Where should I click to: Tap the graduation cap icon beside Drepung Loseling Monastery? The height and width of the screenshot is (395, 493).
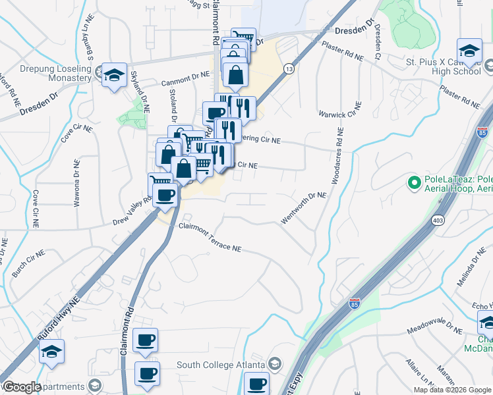[114, 74]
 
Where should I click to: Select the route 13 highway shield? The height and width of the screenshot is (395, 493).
[289, 68]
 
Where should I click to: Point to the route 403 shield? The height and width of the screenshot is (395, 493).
[438, 219]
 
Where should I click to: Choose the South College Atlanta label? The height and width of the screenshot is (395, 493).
[220, 364]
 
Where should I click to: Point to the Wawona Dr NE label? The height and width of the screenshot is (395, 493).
[77, 182]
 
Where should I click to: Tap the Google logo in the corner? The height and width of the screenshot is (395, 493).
[21, 387]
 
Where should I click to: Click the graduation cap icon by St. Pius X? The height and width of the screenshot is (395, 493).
[469, 51]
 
